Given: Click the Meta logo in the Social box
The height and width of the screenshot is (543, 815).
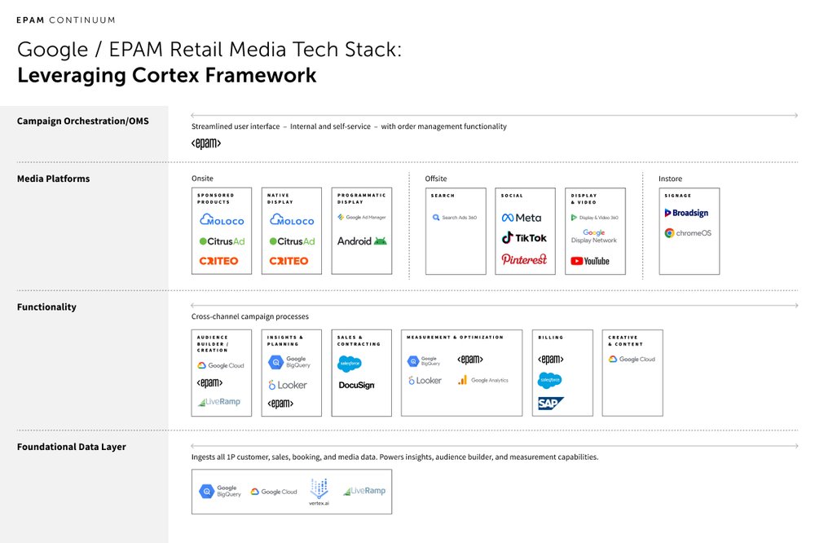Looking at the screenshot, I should (522, 218).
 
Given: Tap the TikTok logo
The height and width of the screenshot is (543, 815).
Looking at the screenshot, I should (524, 238).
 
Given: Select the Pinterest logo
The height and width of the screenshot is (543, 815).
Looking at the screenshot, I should (524, 259).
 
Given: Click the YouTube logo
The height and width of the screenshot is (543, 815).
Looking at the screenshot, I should (590, 261).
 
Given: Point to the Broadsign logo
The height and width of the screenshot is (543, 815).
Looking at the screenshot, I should (686, 213).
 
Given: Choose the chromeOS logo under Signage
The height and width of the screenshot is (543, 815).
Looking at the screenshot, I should (688, 233).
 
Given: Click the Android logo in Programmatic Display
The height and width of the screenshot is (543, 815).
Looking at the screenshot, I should (362, 241).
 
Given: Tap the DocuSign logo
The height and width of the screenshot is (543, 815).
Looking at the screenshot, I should (356, 385).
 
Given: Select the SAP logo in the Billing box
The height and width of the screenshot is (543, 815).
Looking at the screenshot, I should (551, 404).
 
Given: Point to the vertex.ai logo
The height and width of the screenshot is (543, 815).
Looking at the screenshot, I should (319, 493).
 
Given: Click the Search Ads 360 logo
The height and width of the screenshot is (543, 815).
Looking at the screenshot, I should (455, 218).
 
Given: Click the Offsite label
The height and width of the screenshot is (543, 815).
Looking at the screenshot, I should (436, 179).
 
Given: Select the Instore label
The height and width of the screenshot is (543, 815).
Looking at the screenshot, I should (670, 179).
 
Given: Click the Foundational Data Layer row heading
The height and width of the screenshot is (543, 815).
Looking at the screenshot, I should (72, 447).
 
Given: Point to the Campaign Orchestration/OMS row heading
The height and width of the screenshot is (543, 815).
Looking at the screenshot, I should (82, 121).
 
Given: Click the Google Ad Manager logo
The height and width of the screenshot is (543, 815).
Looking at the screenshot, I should (362, 218).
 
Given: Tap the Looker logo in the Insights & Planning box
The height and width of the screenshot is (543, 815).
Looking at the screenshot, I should (288, 385).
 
